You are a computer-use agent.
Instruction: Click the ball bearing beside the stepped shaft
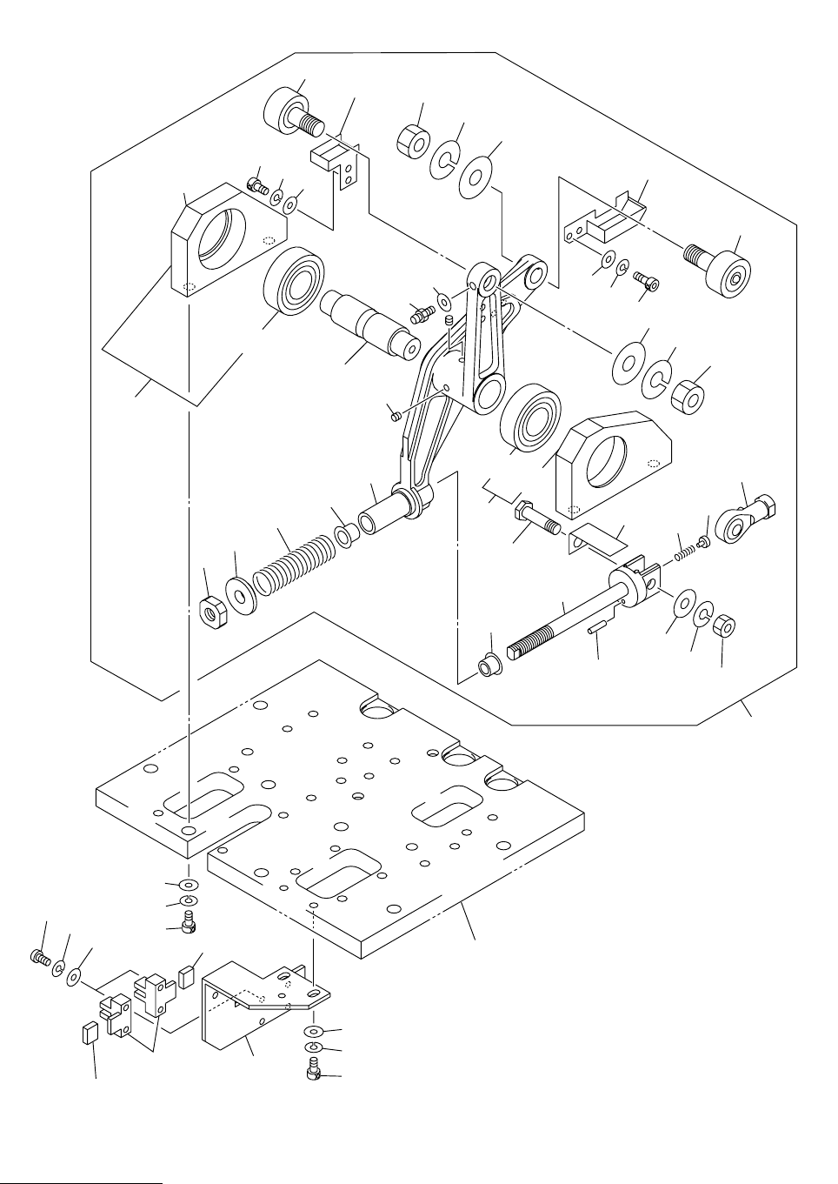[x=293, y=282]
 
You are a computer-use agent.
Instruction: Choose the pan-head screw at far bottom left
[x=39, y=957]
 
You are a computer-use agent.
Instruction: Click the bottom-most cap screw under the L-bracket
[x=315, y=1074]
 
